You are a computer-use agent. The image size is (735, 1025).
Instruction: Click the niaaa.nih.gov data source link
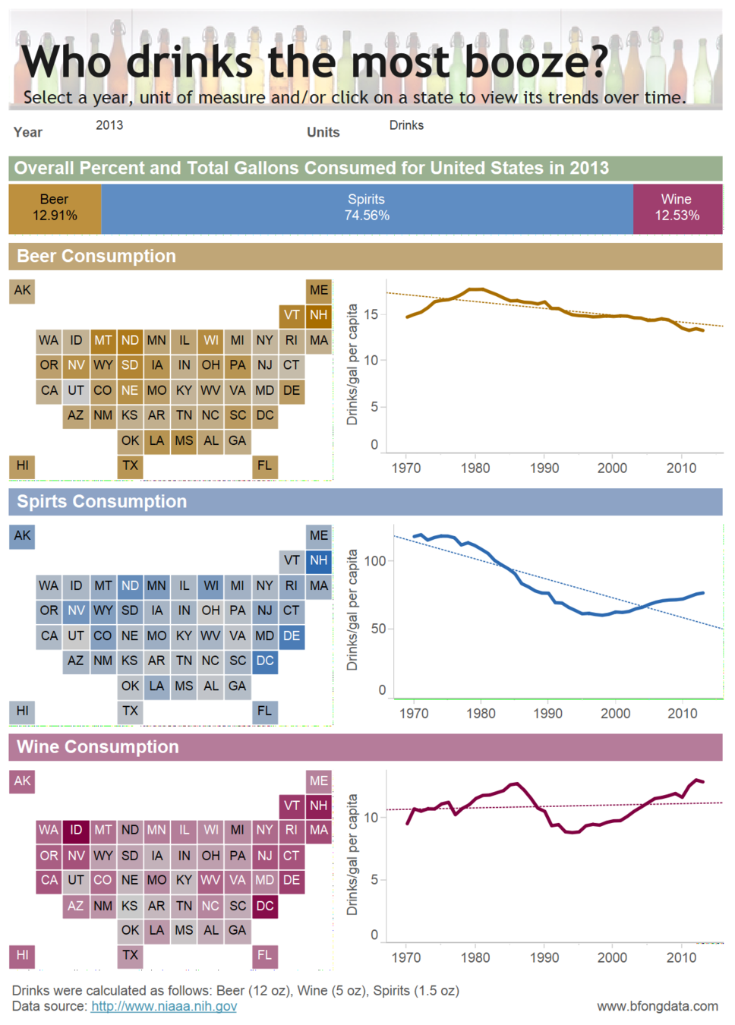point(163,1006)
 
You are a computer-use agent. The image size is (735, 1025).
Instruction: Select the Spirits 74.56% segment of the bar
point(367,208)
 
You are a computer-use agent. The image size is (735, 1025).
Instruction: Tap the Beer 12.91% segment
point(55,208)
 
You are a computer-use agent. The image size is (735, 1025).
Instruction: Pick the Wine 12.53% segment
point(677,208)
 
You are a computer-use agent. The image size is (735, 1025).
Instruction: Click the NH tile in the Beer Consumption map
point(319,315)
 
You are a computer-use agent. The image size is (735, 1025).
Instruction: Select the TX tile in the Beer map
point(130,465)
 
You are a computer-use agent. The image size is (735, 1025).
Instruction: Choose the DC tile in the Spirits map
point(265,661)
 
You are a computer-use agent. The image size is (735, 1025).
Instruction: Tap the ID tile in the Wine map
point(76,830)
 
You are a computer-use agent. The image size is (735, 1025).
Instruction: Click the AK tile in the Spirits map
point(22,535)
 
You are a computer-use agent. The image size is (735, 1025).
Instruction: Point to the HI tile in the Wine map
point(22,955)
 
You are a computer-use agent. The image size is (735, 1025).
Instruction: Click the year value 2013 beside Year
point(109,125)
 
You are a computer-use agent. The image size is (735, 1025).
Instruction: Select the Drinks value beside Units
point(406,125)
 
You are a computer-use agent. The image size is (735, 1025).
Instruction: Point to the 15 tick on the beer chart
point(371,314)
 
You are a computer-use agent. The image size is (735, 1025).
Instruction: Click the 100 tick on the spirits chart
point(375,561)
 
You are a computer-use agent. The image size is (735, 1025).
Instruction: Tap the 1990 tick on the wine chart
point(544,957)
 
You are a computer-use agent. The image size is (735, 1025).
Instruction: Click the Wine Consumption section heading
point(98,747)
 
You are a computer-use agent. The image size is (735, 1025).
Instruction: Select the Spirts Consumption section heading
point(102,502)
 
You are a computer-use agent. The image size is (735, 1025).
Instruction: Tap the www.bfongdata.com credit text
point(657,1006)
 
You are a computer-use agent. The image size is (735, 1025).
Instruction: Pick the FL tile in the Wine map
point(264,955)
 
